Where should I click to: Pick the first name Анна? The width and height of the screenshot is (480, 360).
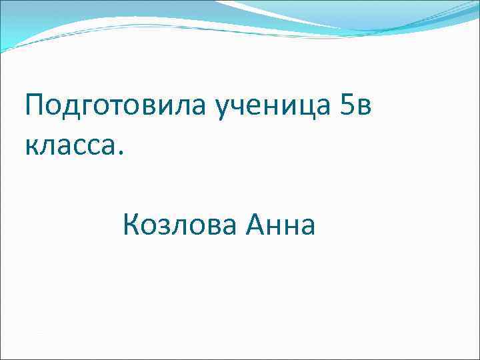click(280, 225)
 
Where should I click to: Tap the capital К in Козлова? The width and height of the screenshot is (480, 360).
click(131, 225)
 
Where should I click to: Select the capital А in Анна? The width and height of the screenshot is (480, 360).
click(255, 225)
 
